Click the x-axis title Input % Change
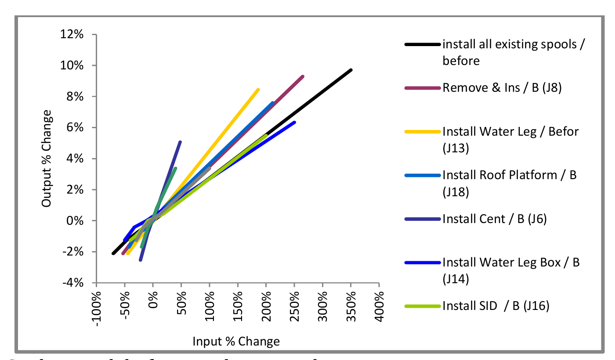[x=236, y=342]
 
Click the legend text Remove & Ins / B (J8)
[x=502, y=88]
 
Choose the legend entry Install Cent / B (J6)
[x=495, y=219]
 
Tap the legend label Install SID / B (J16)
[x=496, y=306]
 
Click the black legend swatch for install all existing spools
[x=422, y=44]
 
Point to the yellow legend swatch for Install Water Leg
[x=422, y=131]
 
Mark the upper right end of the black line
[x=351, y=70]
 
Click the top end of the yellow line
[x=258, y=90]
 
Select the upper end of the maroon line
[x=303, y=76]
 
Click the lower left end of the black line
[x=113, y=253]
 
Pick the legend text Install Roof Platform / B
[x=510, y=175]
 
